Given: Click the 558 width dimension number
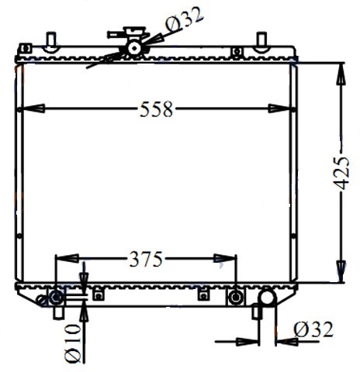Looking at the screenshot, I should (x=156, y=109).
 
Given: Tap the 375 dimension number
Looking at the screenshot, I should (x=145, y=259).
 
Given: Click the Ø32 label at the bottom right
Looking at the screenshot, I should (x=313, y=330).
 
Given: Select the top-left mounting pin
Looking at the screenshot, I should (x=50, y=40).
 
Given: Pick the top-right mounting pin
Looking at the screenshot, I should (x=261, y=40).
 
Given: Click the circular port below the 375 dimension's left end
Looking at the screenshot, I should (x=56, y=298).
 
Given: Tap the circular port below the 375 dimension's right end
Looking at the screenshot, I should (x=236, y=297).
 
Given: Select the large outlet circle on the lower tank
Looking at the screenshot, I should (x=268, y=298).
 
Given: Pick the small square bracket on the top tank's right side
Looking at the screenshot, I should (x=236, y=52).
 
